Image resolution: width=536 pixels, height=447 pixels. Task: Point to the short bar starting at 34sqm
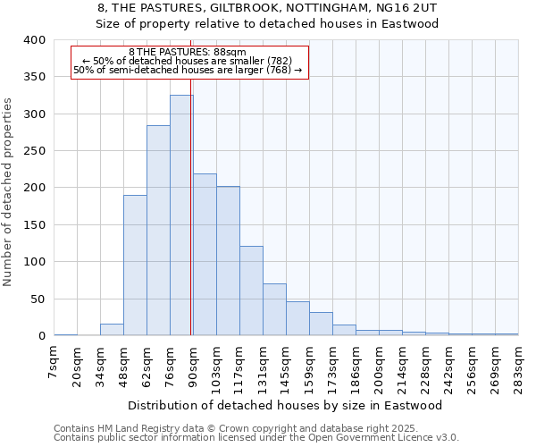point(112,330)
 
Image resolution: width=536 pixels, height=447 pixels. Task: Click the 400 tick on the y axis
point(33,40)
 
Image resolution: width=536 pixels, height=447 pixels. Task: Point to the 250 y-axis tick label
point(33,151)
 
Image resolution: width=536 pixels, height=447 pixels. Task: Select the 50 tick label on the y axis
point(37,299)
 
